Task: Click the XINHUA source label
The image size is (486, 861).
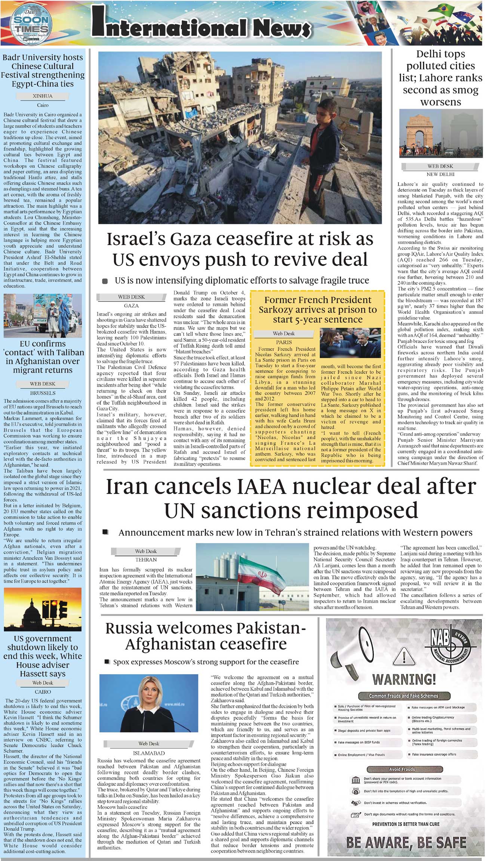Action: pos(43,96)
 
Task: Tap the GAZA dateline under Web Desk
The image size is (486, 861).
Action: pos(131,306)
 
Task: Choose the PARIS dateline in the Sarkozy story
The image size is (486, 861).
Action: pos(284,342)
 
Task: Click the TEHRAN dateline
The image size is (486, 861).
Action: pos(146,560)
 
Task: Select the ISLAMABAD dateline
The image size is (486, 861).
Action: pos(149,753)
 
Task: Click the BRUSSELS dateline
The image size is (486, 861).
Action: pos(43,393)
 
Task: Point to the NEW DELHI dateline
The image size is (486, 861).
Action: pos(440,174)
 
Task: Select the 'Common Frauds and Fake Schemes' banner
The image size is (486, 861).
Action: pos(403,696)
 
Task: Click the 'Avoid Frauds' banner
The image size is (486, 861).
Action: pos(402,769)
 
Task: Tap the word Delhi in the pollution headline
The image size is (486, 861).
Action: pos(430,54)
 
